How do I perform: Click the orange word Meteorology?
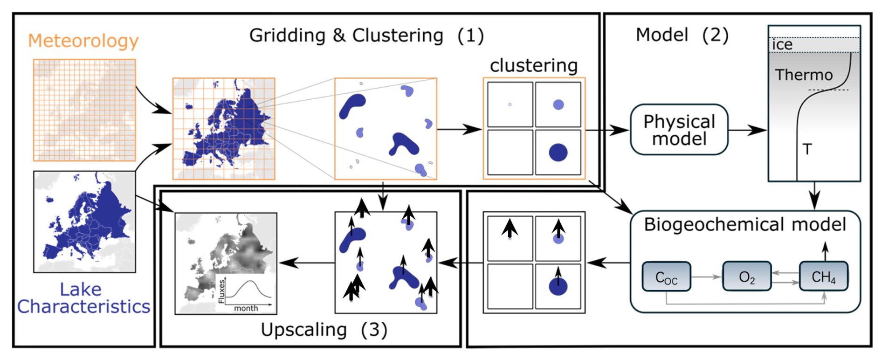click(83, 41)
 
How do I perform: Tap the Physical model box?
click(679, 130)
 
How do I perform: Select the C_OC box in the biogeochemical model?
click(666, 277)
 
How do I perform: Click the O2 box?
click(746, 277)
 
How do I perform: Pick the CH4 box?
click(823, 277)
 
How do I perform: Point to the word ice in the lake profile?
click(782, 45)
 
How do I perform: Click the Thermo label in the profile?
click(804, 75)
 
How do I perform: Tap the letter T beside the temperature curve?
click(807, 149)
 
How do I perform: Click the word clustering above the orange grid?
click(533, 65)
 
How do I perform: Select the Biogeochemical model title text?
click(744, 224)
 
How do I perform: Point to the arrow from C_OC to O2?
click(706, 277)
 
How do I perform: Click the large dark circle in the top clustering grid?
click(558, 152)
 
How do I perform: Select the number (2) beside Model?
click(715, 35)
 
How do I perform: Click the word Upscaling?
click(303, 330)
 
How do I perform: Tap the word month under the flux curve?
click(246, 308)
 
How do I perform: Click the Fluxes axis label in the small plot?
click(222, 291)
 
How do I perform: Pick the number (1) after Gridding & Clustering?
click(470, 35)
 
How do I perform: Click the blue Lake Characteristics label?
click(83, 298)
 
